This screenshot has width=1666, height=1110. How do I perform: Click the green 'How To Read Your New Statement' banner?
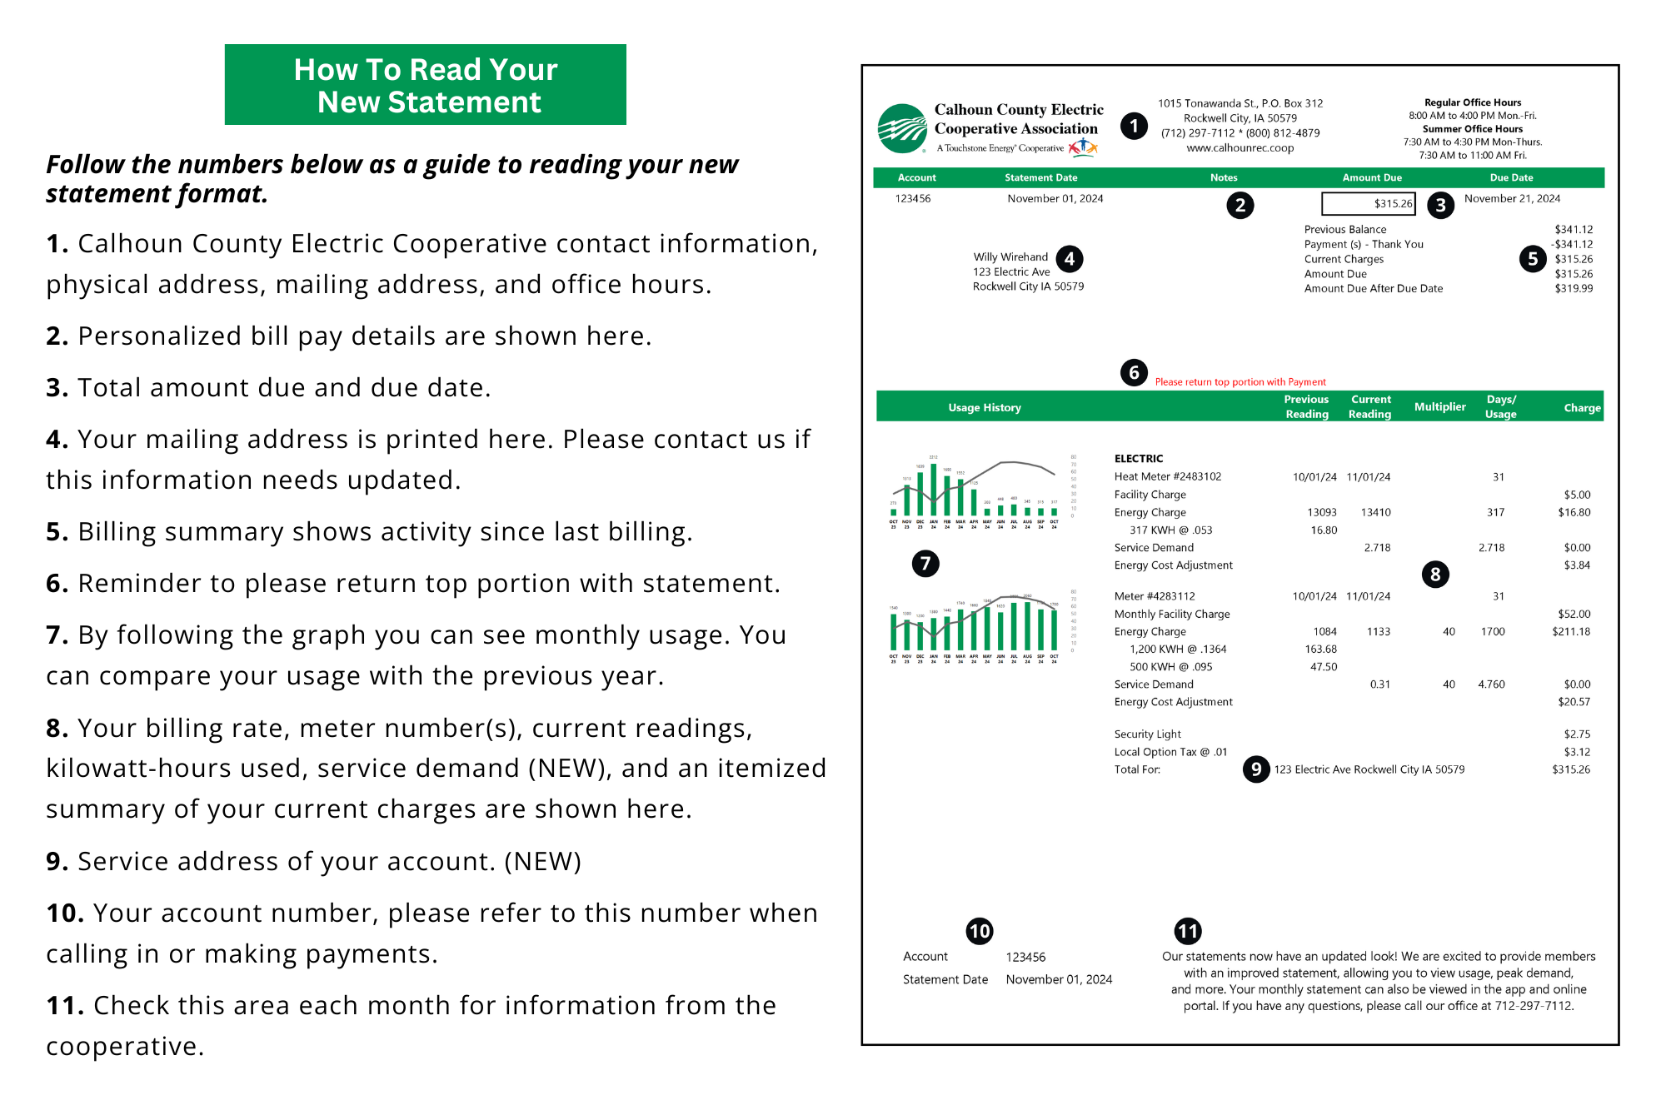pos(425,85)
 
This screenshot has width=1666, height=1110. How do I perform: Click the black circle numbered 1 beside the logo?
pos(1133,127)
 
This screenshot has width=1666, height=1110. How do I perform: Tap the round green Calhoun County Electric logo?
pos(902,129)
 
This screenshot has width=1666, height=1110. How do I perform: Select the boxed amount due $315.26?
pos(1369,203)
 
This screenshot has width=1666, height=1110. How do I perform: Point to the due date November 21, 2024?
pos(1512,198)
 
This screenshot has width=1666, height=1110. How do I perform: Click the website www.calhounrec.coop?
pos(1240,148)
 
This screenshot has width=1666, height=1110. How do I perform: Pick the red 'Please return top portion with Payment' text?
pos(1240,382)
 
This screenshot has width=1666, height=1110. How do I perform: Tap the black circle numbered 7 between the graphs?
pos(925,564)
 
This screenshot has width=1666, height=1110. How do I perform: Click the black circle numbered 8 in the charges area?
pos(1434,574)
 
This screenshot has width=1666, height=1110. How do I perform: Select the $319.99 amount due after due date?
pos(1574,289)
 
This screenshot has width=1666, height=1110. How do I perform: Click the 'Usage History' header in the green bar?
pos(984,408)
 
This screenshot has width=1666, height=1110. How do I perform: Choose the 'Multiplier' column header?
pos(1439,406)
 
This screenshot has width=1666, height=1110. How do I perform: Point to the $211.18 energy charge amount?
pos(1570,632)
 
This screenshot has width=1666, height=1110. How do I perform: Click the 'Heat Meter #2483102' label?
pos(1167,477)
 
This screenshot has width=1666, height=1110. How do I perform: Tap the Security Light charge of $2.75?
pos(1577,734)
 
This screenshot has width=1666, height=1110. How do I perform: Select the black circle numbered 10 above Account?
pos(979,931)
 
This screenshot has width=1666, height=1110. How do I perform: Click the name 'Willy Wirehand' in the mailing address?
pos(1010,257)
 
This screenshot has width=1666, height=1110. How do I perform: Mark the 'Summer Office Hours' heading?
pos(1472,129)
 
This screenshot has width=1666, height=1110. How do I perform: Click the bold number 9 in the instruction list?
pos(57,862)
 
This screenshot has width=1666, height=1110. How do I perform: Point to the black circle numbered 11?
pos(1187,931)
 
